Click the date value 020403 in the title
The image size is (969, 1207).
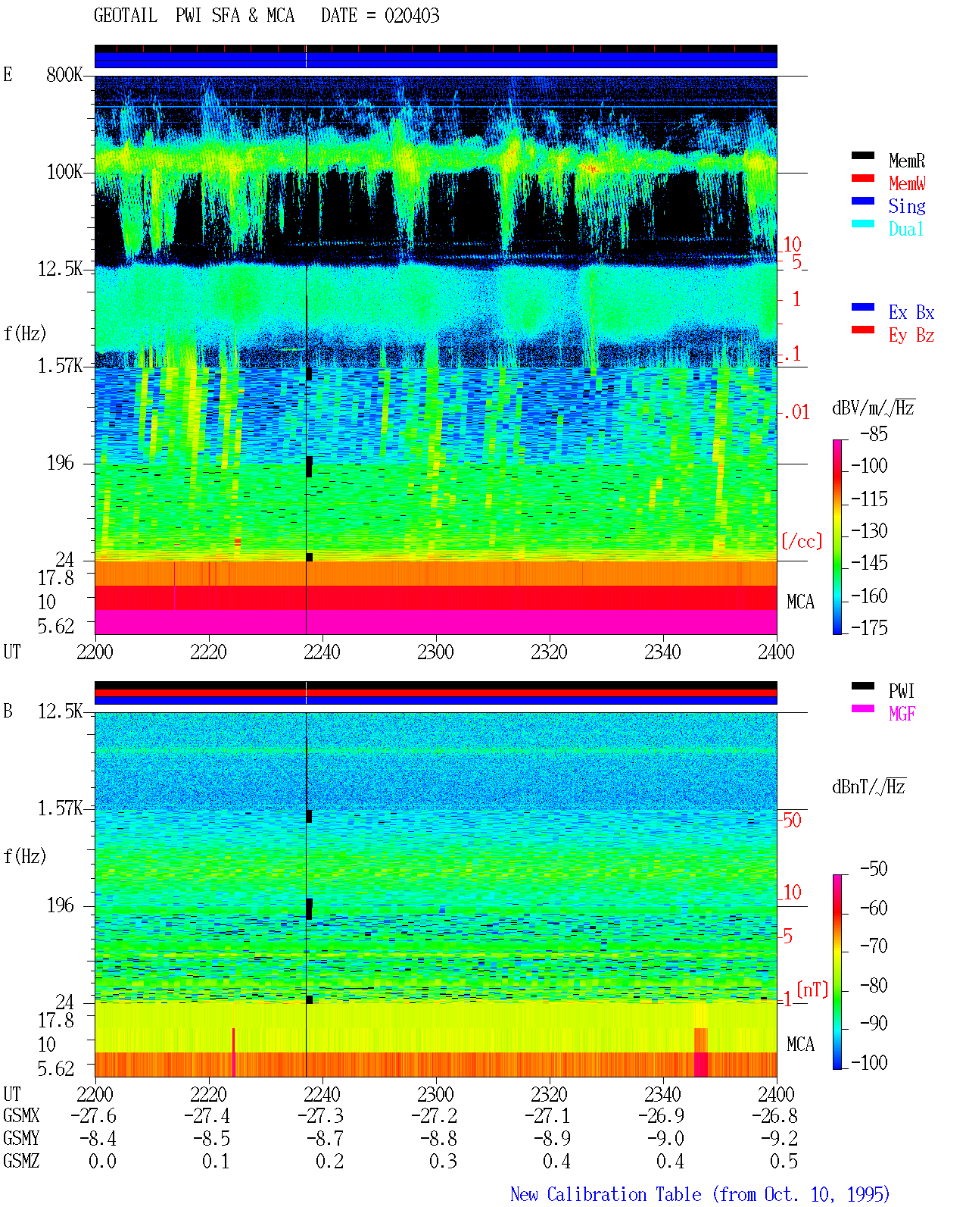pyautogui.click(x=412, y=16)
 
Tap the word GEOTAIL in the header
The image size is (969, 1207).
pyautogui.click(x=126, y=16)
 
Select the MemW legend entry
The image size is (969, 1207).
pyautogui.click(x=907, y=183)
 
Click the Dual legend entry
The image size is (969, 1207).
pyautogui.click(x=905, y=229)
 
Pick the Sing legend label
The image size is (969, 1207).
pyautogui.click(x=906, y=206)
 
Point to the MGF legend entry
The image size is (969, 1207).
pyautogui.click(x=902, y=714)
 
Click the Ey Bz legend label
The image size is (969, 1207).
pyautogui.click(x=911, y=335)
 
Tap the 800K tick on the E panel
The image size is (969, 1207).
pyautogui.click(x=64, y=74)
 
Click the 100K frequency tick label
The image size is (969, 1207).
pyautogui.click(x=64, y=172)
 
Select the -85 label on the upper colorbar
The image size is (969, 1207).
pyautogui.click(x=874, y=434)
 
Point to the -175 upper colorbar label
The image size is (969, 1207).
pyautogui.click(x=869, y=627)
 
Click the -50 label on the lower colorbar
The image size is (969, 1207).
pyautogui.click(x=874, y=869)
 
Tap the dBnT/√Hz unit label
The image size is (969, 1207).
pyautogui.click(x=868, y=786)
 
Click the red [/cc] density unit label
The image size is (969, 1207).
pyautogui.click(x=802, y=541)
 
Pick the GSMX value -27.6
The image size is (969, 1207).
pyautogui.click(x=94, y=1115)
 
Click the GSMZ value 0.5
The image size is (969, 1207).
pyautogui.click(x=784, y=1161)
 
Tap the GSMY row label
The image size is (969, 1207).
pyautogui.click(x=21, y=1138)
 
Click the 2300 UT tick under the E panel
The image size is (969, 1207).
pyautogui.click(x=435, y=652)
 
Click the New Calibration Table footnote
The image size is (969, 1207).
pyautogui.click(x=700, y=1194)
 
